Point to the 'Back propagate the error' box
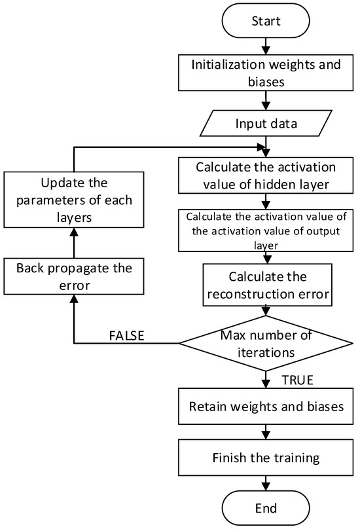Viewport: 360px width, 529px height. [73, 276]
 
